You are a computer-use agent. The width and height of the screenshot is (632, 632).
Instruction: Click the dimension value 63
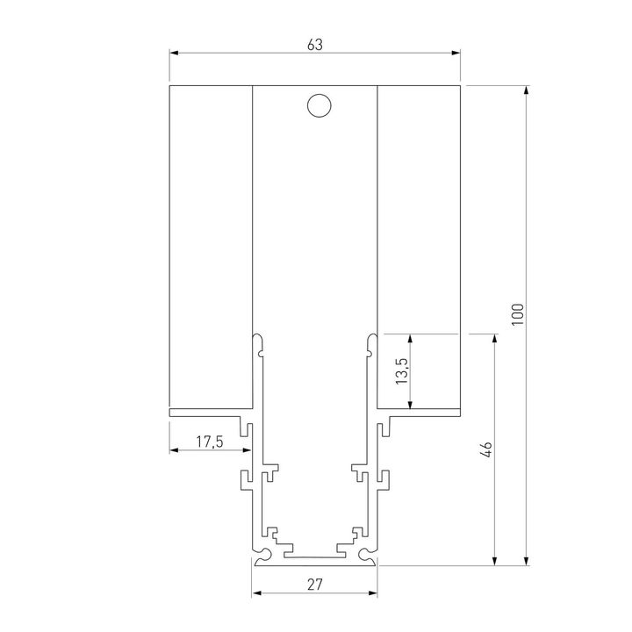pyautogui.click(x=315, y=44)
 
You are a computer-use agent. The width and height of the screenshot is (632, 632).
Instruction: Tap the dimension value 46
pyautogui.click(x=488, y=449)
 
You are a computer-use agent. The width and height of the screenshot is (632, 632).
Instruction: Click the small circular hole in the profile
pyautogui.click(x=318, y=106)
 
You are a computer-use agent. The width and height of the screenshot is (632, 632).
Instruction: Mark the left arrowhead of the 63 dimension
pyautogui.click(x=174, y=54)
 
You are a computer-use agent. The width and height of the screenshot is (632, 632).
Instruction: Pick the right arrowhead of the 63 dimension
pyautogui.click(x=456, y=54)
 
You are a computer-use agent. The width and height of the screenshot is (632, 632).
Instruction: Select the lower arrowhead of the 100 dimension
pyautogui.click(x=527, y=562)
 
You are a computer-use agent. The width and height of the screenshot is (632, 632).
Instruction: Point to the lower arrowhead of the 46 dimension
pyautogui.click(x=496, y=562)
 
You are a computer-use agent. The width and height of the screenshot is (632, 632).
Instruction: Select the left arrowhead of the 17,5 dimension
pyautogui.click(x=174, y=451)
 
